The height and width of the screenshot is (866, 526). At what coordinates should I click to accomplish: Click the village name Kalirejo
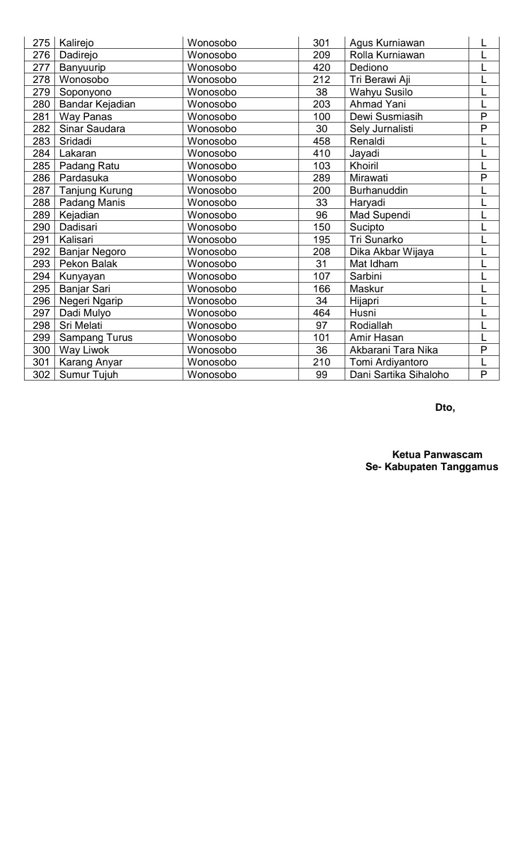tap(76, 43)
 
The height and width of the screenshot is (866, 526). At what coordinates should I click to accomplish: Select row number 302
tap(41, 375)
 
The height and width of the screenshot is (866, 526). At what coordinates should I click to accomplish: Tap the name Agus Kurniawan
tap(387, 43)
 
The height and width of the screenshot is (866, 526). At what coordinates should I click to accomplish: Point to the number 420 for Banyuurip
tap(321, 68)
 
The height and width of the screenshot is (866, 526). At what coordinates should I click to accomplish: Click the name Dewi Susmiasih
tap(386, 117)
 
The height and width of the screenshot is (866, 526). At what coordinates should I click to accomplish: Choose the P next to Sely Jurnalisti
tap(484, 129)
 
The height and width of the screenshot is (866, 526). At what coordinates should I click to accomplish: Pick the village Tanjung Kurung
tap(95, 190)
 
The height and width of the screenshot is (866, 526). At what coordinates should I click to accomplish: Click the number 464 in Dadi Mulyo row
tap(321, 313)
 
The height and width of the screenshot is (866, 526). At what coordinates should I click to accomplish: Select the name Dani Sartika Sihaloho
tap(399, 375)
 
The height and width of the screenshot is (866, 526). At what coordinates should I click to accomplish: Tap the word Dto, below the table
tap(445, 407)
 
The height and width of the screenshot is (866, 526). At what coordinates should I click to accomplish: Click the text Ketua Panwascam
tap(437, 455)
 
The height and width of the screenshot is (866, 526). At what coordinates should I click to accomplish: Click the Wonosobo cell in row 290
tap(212, 227)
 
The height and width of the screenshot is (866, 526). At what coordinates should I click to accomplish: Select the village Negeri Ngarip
tap(91, 301)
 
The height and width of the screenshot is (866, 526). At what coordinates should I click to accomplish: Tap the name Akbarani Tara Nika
tap(393, 350)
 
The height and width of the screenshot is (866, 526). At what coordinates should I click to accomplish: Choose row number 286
tap(41, 178)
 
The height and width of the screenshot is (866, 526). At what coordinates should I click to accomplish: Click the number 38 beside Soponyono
tap(321, 92)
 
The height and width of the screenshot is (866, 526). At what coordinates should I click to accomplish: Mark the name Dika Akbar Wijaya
tap(391, 252)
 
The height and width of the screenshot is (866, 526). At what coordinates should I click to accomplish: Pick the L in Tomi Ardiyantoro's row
tap(484, 362)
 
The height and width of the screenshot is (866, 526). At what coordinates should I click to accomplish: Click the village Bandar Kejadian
tap(97, 104)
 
